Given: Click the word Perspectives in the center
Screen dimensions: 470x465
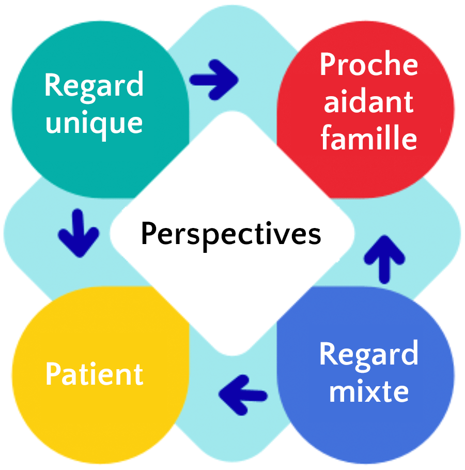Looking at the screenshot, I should click(231, 234).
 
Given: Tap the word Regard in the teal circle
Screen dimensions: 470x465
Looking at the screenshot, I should click(94, 85).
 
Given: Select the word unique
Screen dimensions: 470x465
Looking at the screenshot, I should click(94, 123).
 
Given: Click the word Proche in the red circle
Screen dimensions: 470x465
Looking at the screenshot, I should click(368, 65).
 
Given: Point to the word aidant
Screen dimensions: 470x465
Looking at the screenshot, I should click(368, 101).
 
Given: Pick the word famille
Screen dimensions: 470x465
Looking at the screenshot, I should click(368, 138).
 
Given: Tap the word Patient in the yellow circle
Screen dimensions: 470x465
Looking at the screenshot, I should click(94, 374).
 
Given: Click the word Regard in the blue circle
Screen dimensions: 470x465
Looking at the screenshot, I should click(368, 355).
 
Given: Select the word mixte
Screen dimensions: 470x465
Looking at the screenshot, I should click(368, 391).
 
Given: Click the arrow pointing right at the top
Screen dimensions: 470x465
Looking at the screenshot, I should click(214, 80).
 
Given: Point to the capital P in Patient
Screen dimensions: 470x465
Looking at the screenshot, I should click(53, 374).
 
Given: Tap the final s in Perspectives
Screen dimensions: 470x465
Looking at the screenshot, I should click(315, 236).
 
